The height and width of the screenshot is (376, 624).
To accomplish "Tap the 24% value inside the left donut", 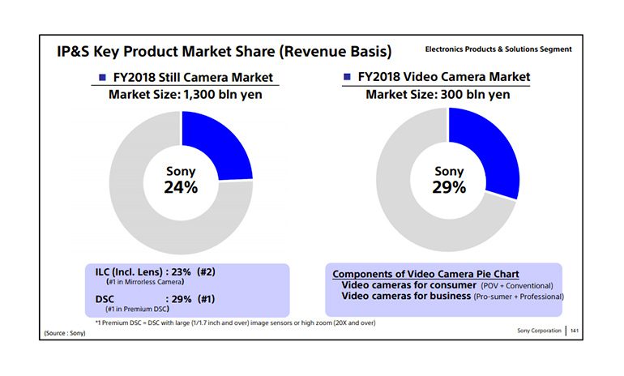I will pos(182,187).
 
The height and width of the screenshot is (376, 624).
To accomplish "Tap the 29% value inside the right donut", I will pos(449,187).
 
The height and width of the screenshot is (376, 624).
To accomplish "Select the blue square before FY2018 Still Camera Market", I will pos(102,78).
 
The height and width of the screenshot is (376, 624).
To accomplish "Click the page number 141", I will pos(575,331).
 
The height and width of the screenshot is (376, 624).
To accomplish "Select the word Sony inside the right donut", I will pos(449,171).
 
